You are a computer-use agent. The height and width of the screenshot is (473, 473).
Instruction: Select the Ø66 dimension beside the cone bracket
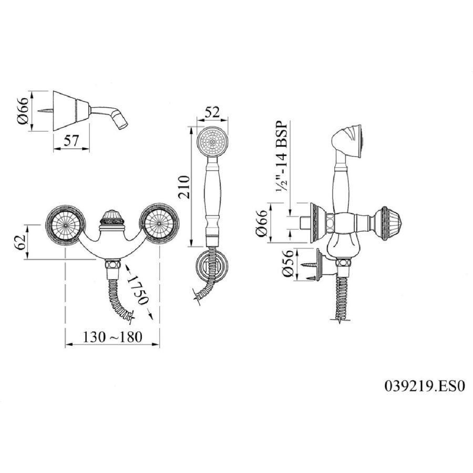pyautogui.click(x=24, y=110)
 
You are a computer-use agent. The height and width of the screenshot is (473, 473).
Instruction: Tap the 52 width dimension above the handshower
pyautogui.click(x=212, y=113)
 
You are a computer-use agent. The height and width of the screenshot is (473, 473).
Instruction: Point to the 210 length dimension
pyautogui.click(x=184, y=187)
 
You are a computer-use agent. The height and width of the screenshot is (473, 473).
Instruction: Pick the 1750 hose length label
pyautogui.click(x=138, y=290)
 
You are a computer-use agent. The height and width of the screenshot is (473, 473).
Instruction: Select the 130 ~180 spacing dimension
pyautogui.click(x=112, y=337)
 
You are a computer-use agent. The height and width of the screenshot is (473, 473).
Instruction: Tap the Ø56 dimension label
pyautogui.click(x=288, y=264)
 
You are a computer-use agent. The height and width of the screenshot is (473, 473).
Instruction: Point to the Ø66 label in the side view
pyautogui.click(x=261, y=223)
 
